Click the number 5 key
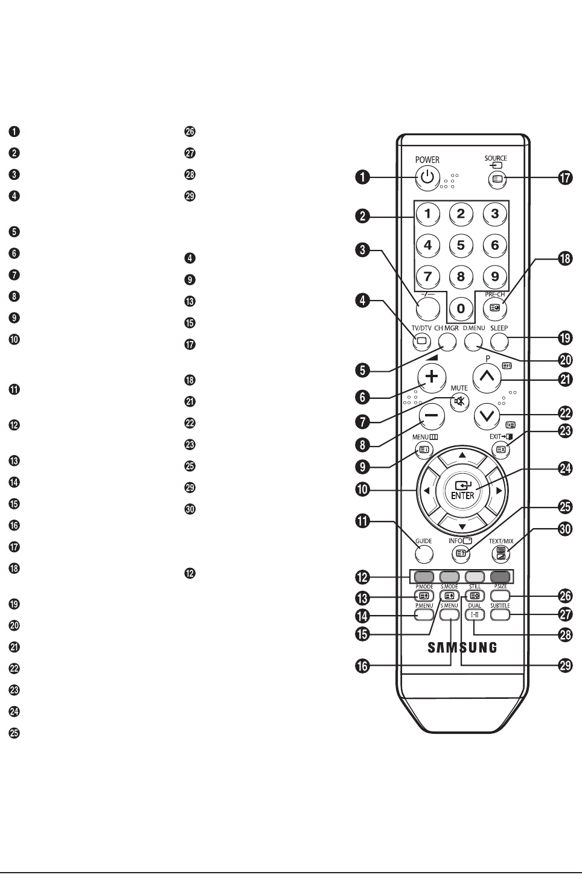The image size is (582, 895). (x=461, y=245)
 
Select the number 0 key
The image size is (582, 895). (x=461, y=309)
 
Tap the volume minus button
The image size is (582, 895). (x=431, y=416)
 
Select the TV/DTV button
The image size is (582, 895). (x=421, y=341)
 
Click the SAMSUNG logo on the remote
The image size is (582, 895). (x=462, y=648)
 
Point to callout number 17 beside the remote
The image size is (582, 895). (x=565, y=179)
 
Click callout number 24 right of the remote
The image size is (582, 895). (x=565, y=469)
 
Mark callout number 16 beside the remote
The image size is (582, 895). (x=362, y=666)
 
